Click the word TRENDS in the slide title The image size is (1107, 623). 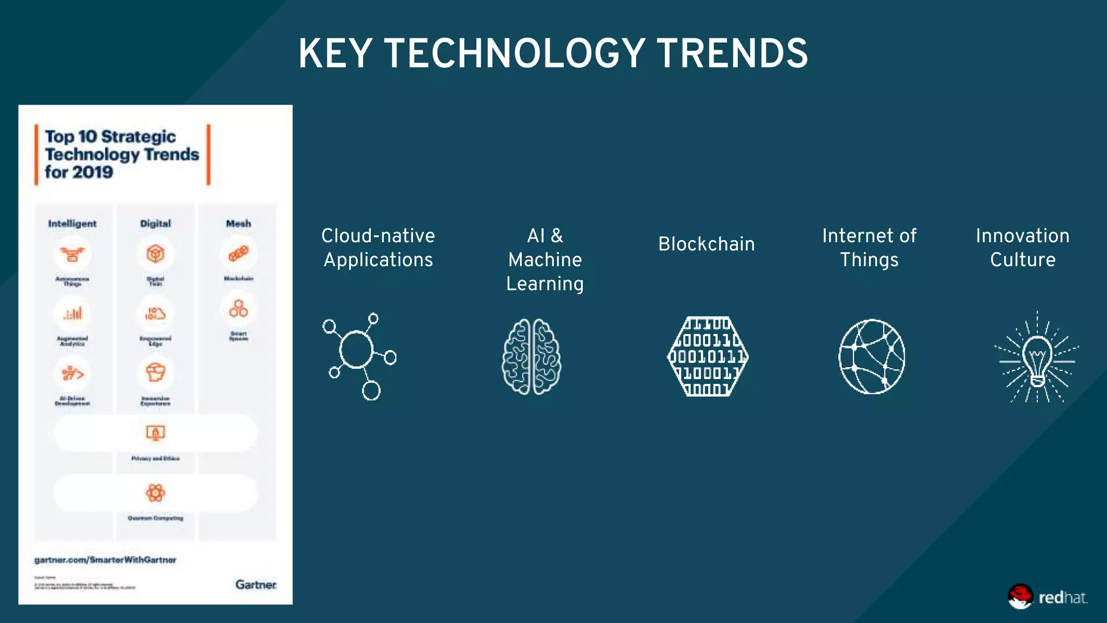pyautogui.click(x=732, y=54)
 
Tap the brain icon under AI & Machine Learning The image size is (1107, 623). pyautogui.click(x=531, y=356)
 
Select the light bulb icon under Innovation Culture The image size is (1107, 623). pyautogui.click(x=1037, y=358)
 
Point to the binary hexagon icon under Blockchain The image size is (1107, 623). pyautogui.click(x=708, y=356)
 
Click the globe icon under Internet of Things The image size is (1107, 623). pyautogui.click(x=871, y=356)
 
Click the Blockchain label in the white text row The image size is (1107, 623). pyautogui.click(x=706, y=244)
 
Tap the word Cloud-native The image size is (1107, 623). pyautogui.click(x=378, y=236)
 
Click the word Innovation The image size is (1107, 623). pyautogui.click(x=1022, y=236)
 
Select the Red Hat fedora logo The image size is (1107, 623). pyautogui.click(x=1020, y=597)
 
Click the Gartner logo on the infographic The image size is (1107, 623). pyautogui.click(x=256, y=585)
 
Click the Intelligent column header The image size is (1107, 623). pyautogui.click(x=72, y=223)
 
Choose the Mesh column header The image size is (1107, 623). pyautogui.click(x=238, y=223)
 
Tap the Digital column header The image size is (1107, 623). pyautogui.click(x=155, y=223)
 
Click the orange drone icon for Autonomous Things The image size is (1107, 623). pyautogui.click(x=72, y=254)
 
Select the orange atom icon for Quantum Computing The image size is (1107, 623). pyautogui.click(x=155, y=493)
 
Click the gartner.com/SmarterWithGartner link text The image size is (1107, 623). pyautogui.click(x=105, y=560)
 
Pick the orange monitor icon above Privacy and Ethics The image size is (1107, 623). pyautogui.click(x=155, y=433)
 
